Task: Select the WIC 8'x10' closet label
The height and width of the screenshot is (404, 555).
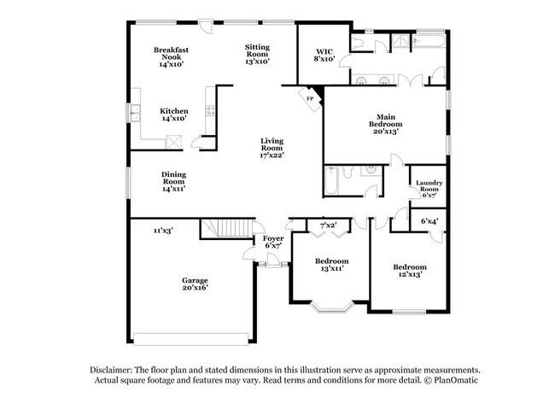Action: point(324,55)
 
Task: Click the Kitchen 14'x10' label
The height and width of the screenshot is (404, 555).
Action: point(174,114)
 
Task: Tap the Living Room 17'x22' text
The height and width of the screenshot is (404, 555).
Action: point(272,148)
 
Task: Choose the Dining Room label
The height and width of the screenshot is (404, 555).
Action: point(174,180)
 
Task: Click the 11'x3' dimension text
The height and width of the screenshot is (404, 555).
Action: point(164,231)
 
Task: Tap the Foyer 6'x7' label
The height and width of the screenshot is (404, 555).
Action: point(273,243)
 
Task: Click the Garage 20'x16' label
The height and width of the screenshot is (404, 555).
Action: point(195,284)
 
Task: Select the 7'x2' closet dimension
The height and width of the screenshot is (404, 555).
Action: point(328,225)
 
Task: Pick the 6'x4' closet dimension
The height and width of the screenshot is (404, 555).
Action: point(429,222)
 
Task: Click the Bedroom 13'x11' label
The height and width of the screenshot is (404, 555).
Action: point(331,265)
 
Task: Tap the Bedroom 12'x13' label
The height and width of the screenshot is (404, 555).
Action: point(409,271)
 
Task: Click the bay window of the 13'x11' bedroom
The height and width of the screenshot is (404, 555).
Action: point(331,307)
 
